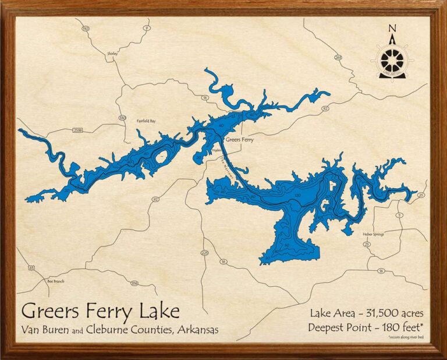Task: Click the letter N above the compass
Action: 392,29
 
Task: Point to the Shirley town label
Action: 112,53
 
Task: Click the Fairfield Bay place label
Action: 146,121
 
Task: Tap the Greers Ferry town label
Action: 239,140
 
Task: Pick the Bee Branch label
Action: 55,281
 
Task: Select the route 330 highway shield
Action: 122,118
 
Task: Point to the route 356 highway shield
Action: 134,284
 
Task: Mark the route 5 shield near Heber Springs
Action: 399,216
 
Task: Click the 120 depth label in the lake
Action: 297,195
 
